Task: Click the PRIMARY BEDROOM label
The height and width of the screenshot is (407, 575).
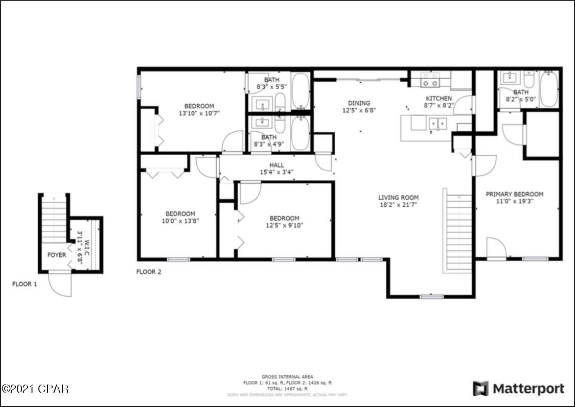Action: coord(514,194)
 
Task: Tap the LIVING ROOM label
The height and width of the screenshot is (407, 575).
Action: coord(398,198)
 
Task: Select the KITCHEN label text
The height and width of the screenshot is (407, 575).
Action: coord(439,99)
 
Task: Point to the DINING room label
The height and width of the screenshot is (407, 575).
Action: coord(359,103)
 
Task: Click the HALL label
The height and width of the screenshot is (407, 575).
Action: coord(277,165)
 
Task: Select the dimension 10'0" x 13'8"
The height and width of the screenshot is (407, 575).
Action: coord(180,221)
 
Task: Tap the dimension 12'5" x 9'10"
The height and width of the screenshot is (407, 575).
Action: coord(284,225)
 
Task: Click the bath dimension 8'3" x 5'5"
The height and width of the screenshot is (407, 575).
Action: coord(271,87)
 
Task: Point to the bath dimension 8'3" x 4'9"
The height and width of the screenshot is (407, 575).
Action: coord(269,145)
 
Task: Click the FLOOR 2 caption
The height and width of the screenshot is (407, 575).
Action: coord(149,272)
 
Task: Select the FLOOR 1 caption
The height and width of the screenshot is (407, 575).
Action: coord(25,284)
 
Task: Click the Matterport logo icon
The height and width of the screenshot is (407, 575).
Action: coord(480,389)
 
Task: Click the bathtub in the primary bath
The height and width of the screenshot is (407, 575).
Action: coord(549,89)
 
